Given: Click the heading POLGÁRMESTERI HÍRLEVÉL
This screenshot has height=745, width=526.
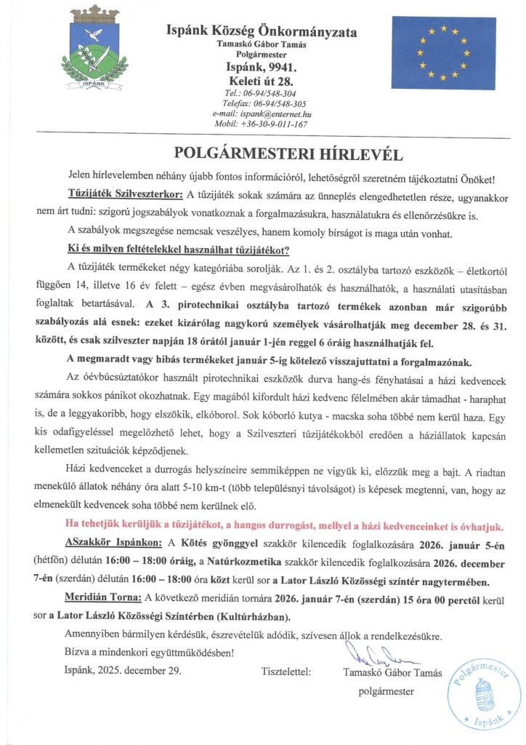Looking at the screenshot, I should tap(262, 154).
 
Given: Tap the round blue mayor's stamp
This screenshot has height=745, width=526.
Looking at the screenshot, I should tap(484, 693).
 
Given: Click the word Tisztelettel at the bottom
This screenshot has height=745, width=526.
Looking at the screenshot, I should tap(285, 672).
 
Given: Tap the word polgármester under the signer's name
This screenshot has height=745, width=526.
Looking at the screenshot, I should tap(387, 690).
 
